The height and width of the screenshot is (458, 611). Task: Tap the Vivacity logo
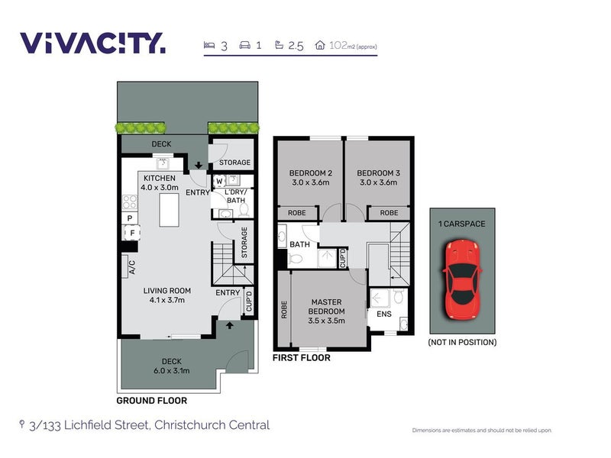92,43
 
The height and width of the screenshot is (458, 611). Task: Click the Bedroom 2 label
311,178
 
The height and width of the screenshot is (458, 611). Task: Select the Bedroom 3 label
378,178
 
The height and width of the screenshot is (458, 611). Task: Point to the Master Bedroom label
327,311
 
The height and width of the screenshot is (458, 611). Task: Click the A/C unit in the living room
125,266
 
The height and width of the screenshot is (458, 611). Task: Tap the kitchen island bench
169,209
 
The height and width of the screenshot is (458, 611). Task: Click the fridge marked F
131,233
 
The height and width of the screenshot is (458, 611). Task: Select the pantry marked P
130,218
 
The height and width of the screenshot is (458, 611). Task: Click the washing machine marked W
219,181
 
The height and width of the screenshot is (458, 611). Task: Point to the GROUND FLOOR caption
152,400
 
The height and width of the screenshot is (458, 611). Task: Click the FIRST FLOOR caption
301,357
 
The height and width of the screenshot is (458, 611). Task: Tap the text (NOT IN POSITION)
462,342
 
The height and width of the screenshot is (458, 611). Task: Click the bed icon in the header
209,45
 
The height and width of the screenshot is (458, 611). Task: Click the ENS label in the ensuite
384,314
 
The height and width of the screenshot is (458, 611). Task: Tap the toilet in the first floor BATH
296,258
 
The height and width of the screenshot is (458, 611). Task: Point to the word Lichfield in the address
86,424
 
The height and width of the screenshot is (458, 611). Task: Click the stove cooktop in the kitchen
130,202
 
